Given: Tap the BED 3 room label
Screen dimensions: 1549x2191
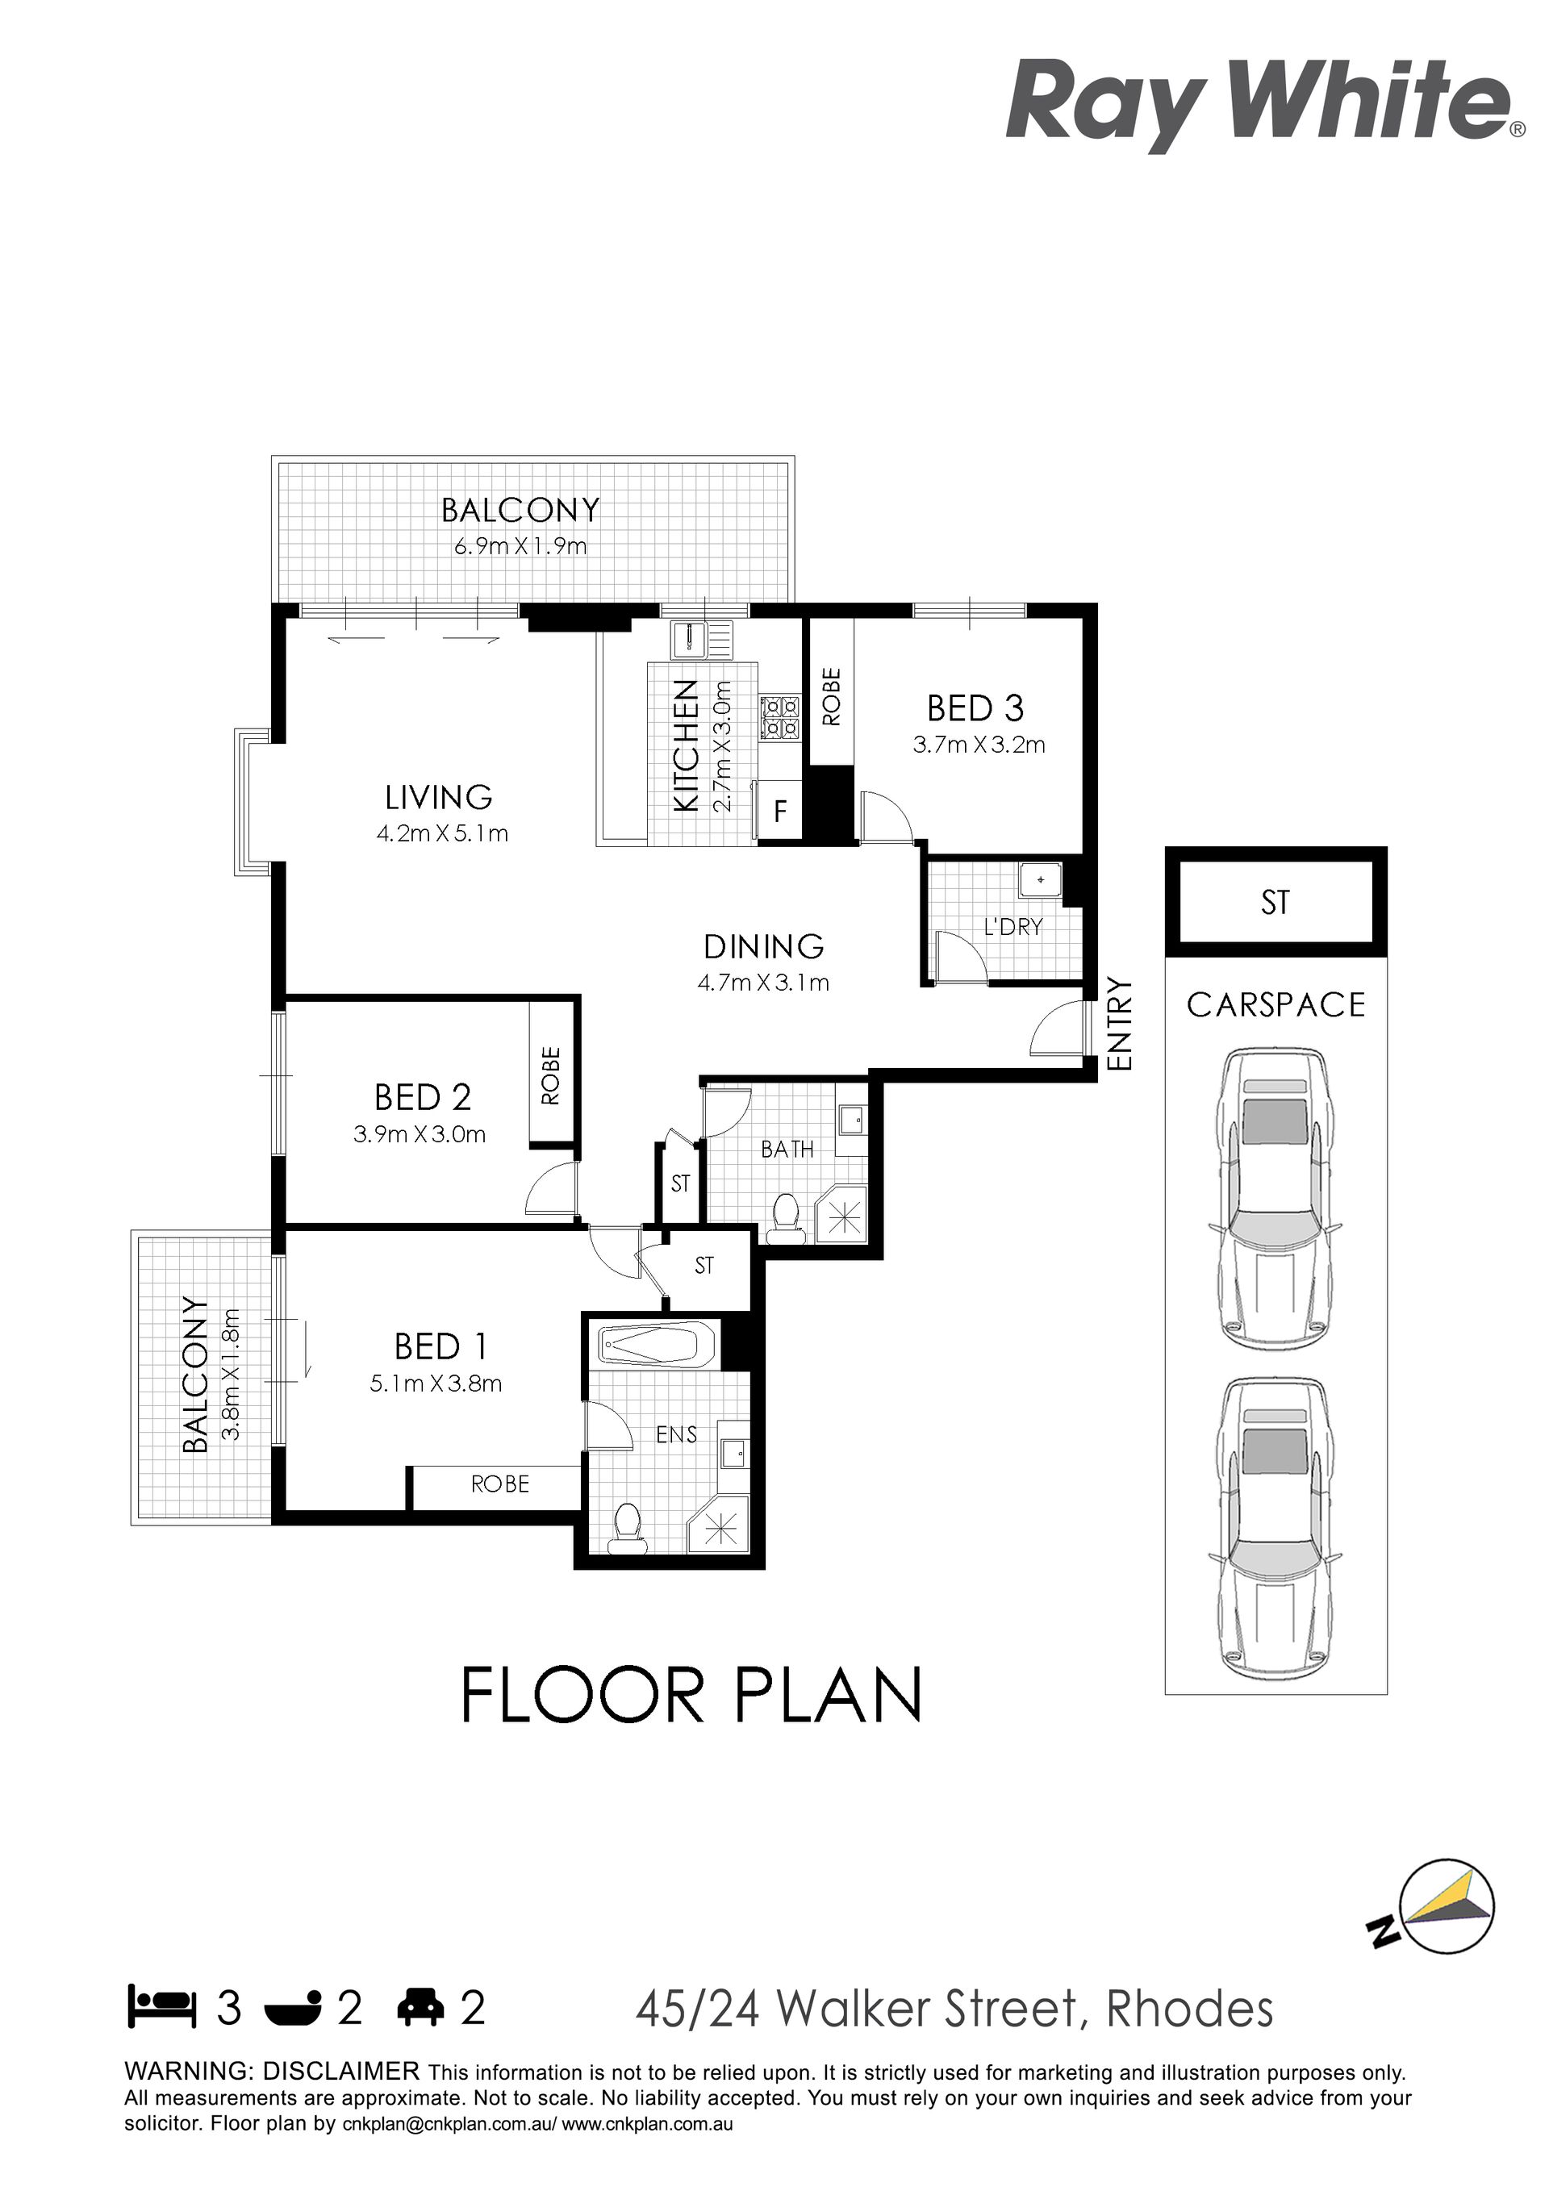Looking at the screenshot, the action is [x=975, y=709].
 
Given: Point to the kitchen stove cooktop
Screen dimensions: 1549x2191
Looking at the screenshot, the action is [x=780, y=718].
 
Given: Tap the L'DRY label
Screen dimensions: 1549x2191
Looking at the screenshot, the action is [x=1012, y=927].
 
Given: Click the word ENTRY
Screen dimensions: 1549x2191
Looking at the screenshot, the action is [x=1117, y=1024].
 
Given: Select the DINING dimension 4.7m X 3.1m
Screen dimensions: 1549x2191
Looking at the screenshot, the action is [x=762, y=982].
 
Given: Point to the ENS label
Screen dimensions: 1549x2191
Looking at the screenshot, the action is [x=677, y=1434].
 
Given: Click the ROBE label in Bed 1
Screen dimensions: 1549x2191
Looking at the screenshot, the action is [x=500, y=1484].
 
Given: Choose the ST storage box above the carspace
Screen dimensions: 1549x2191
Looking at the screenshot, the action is [x=1275, y=902].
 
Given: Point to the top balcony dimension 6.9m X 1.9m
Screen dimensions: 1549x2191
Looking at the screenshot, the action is [x=520, y=547].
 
